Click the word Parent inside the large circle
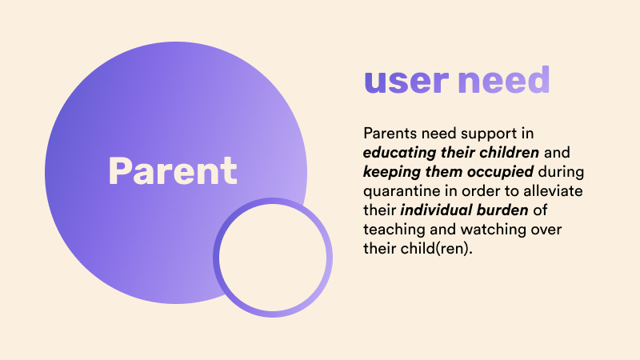(x=173, y=171)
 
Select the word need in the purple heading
(x=504, y=79)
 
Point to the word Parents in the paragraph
(x=390, y=133)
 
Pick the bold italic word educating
(x=400, y=153)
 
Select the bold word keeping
(x=392, y=172)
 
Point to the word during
(x=562, y=172)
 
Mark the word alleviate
(x=553, y=190)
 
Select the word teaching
(x=394, y=230)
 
